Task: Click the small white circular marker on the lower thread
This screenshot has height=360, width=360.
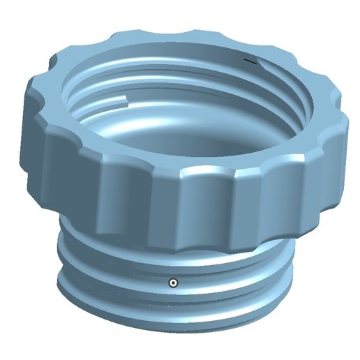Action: pos(173,283)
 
